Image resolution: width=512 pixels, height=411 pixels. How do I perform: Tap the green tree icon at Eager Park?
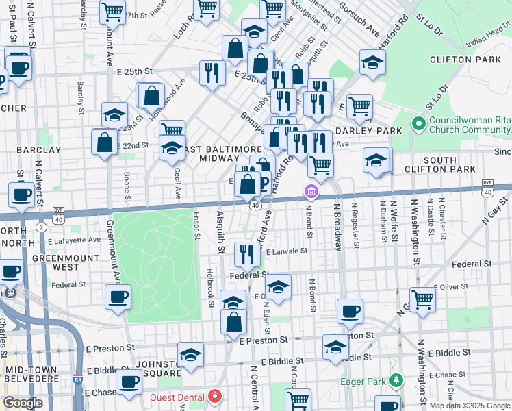(396, 379)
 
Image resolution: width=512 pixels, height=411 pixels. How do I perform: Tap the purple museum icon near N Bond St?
(311, 190)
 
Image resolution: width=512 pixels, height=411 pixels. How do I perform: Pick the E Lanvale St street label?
(287, 252)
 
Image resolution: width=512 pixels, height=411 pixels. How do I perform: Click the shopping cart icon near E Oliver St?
(422, 299)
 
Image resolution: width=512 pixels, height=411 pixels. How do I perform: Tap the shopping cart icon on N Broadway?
(320, 165)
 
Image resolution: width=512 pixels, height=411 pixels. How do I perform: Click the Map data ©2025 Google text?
(470, 406)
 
